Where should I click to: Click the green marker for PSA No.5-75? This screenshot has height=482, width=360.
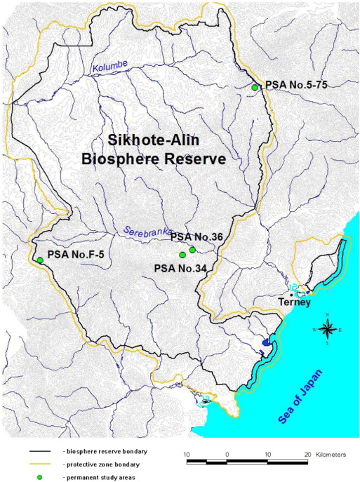(x=255, y=87)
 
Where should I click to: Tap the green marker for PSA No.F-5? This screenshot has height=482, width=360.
(x=40, y=260)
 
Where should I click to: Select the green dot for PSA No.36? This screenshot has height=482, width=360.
(x=192, y=250)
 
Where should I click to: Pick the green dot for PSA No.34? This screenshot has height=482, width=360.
(x=182, y=255)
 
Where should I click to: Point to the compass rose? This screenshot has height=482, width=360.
(x=326, y=328)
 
